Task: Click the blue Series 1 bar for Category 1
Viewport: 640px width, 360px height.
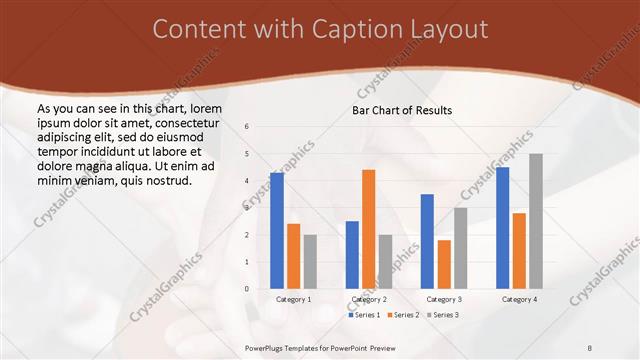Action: pos(276,231)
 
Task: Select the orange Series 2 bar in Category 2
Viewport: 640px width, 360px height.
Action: pos(368,229)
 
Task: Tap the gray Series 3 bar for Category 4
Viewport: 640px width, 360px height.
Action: pos(536,221)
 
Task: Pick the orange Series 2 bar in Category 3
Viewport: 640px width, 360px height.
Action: pos(444,264)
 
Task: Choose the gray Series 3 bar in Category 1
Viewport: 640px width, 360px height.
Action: pos(310,262)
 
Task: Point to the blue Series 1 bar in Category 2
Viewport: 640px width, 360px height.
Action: pos(352,255)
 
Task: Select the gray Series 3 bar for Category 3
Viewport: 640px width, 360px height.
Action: pos(460,248)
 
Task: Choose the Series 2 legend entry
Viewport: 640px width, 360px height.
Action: pos(402,315)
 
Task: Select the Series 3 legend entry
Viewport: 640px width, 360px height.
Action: pos(441,315)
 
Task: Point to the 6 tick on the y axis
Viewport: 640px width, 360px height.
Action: pos(246,127)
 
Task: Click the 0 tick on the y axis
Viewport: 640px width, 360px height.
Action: pos(246,289)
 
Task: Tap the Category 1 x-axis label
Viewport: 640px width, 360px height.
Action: pos(293,299)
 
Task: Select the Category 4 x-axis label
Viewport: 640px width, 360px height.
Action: pos(518,299)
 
